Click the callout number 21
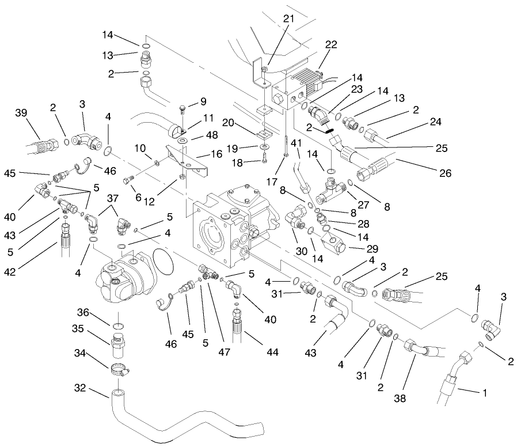click(x=288, y=19)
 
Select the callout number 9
click(x=203, y=103)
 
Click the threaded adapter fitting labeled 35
click(x=117, y=344)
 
